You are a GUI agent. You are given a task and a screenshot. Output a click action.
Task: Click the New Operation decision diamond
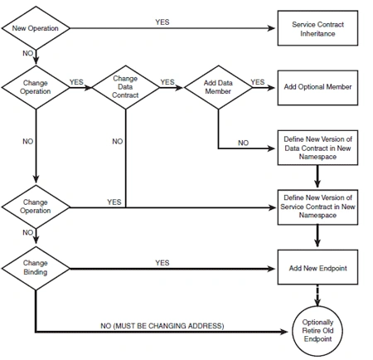click(36, 28)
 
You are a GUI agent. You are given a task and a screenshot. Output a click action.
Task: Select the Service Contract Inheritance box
click(317, 28)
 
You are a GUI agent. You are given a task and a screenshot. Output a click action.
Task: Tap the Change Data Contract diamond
click(126, 87)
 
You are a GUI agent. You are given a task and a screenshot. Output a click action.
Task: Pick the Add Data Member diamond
click(218, 87)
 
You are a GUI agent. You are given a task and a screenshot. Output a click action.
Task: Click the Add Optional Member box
click(317, 88)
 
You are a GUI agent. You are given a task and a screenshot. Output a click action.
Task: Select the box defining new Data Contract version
click(317, 148)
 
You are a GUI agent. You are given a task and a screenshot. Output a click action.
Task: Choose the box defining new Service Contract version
click(317, 207)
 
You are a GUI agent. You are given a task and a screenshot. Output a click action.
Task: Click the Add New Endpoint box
click(317, 267)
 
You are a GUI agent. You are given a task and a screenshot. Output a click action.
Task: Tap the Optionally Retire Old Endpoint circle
click(317, 331)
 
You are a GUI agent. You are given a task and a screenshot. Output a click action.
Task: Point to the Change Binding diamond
click(36, 268)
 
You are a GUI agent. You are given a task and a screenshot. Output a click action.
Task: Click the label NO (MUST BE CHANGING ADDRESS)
click(162, 326)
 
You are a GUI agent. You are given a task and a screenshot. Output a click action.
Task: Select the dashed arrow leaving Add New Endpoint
click(317, 295)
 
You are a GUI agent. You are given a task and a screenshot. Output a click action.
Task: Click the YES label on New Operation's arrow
click(162, 22)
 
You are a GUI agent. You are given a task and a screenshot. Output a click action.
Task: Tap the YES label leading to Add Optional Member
click(258, 82)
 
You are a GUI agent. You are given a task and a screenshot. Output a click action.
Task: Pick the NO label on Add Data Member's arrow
click(243, 143)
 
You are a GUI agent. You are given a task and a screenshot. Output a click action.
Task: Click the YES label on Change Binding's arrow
click(162, 263)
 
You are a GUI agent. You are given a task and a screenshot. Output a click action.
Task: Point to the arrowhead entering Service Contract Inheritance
click(271, 28)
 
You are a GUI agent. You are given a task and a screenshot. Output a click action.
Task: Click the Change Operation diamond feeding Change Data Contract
click(36, 87)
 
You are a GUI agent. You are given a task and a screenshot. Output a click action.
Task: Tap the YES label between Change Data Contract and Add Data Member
click(167, 82)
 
